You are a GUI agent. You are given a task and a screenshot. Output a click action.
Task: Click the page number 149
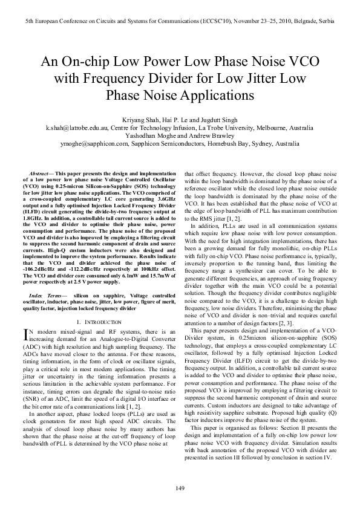click(x=180, y=488)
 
